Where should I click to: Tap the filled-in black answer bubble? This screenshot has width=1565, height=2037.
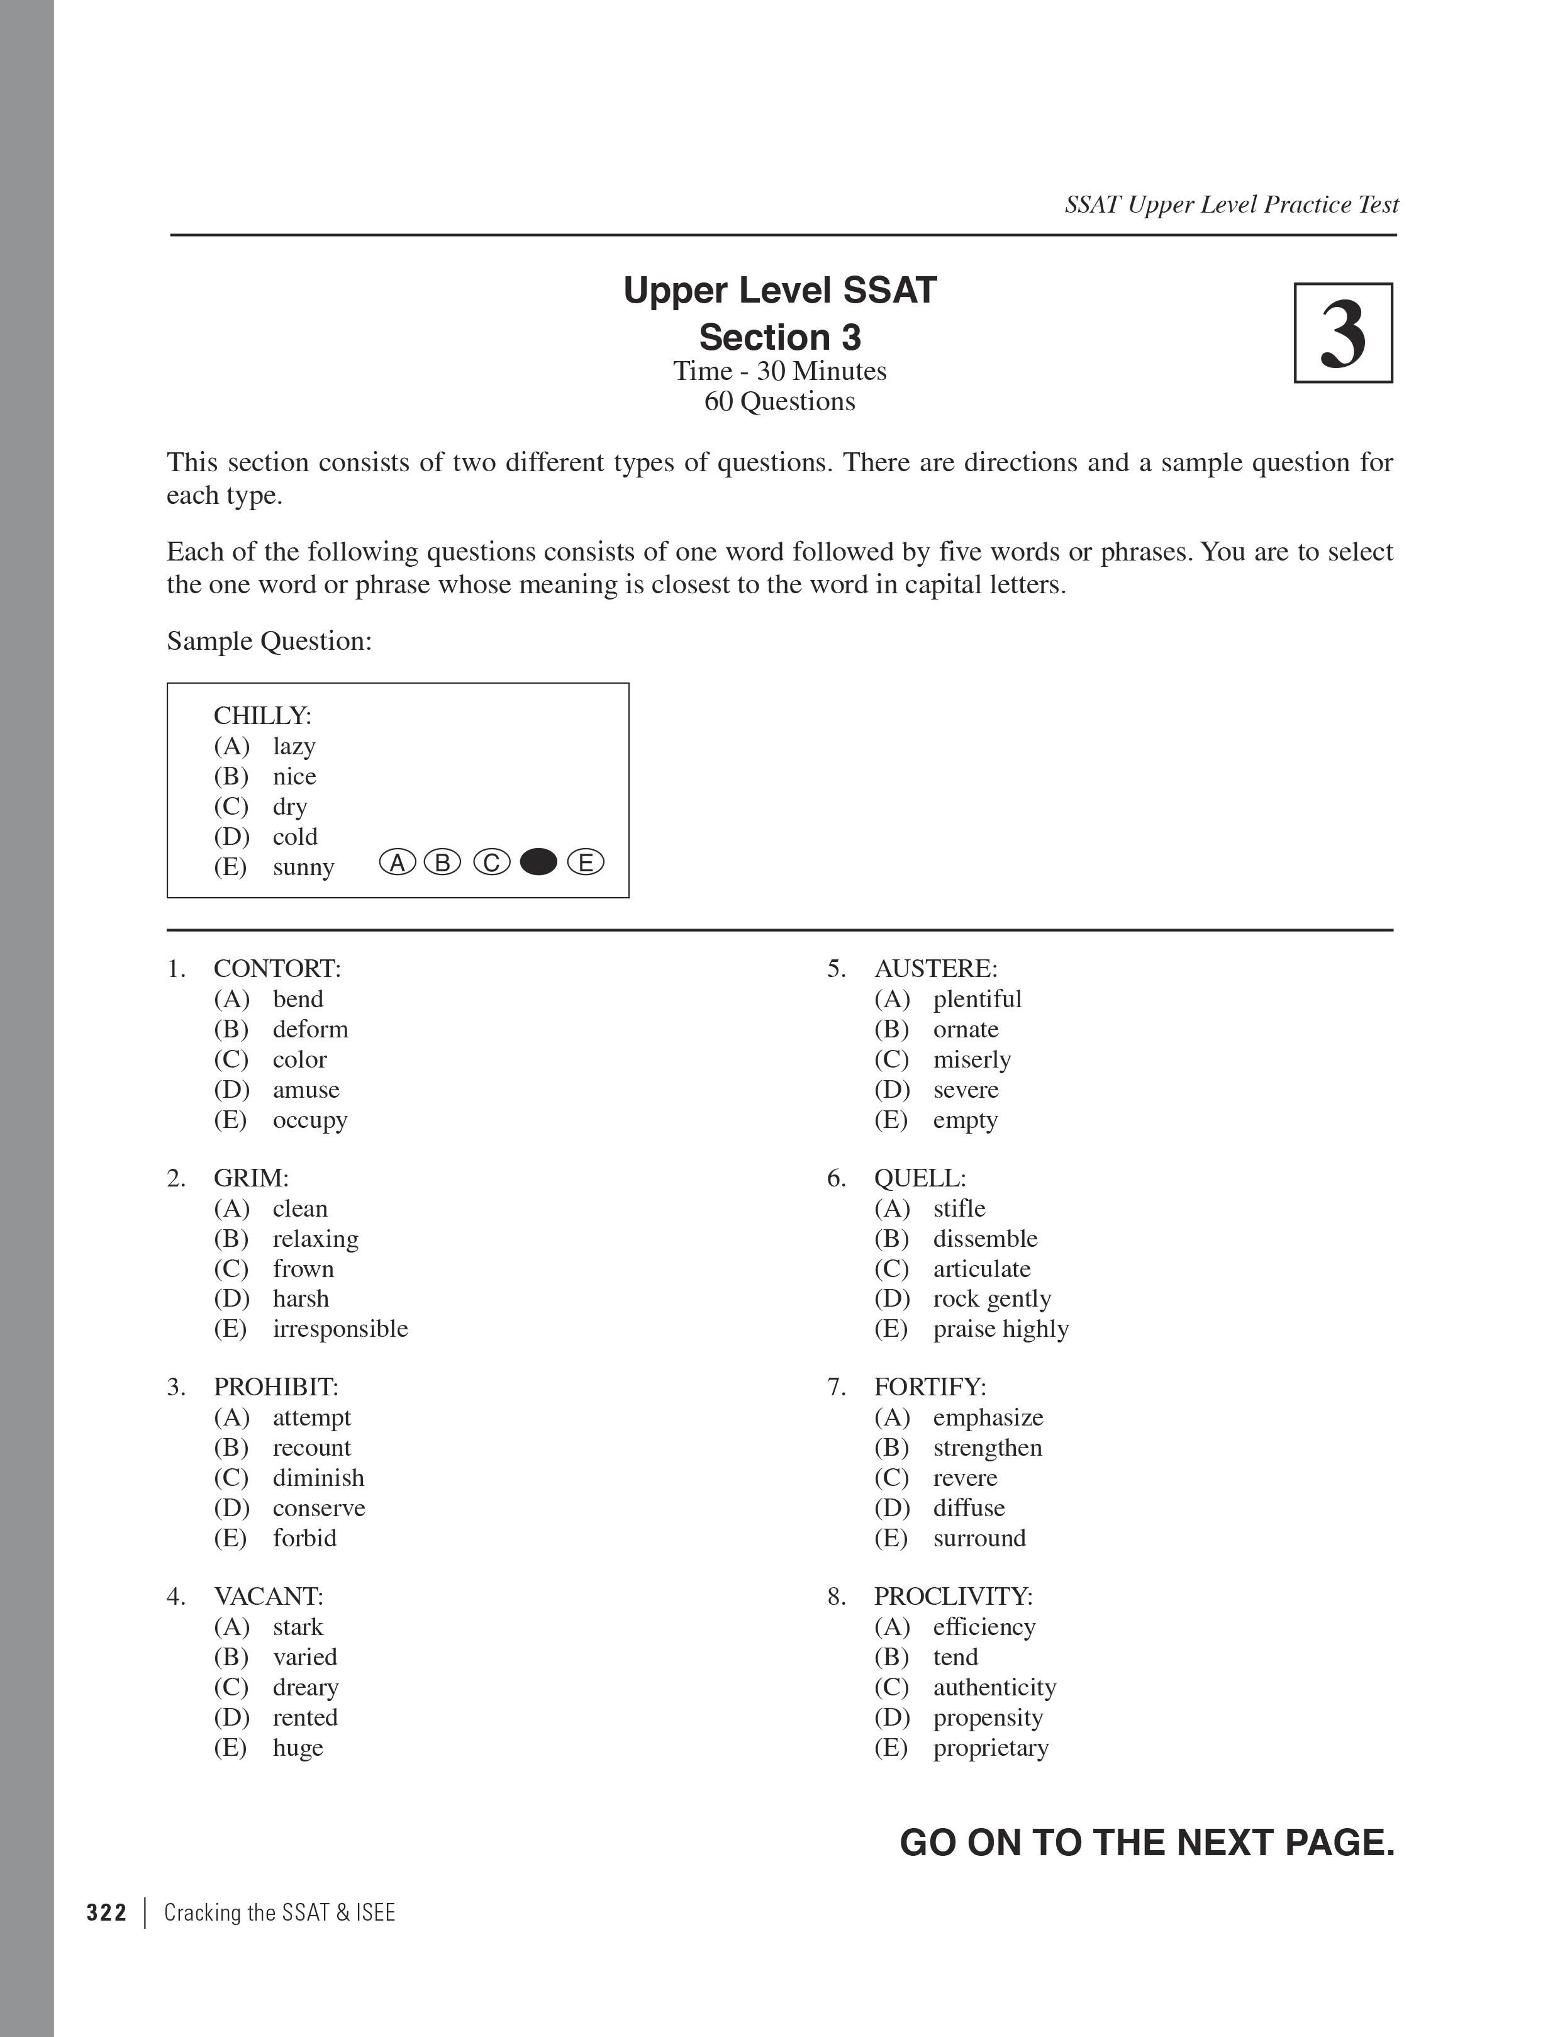point(538,862)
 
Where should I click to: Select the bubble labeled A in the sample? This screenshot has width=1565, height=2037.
point(398,862)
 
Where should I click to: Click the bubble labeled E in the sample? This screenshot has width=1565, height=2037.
point(586,862)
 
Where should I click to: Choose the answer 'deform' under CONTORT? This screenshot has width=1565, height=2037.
point(310,1029)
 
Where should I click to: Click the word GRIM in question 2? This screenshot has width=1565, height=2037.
point(250,1178)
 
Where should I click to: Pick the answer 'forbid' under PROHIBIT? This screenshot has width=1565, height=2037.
point(304,1538)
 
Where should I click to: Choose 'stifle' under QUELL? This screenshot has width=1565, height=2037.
point(959,1208)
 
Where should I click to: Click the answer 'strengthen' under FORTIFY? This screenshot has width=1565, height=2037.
point(988,1448)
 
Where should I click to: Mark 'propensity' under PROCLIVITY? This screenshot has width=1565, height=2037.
point(988,1717)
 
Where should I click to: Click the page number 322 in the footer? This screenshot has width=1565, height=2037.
point(106,1913)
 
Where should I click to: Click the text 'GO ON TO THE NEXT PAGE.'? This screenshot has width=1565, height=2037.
point(1147,1843)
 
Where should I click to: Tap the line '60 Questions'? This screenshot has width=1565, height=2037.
point(780,401)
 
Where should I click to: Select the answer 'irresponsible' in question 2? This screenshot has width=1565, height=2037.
point(340,1328)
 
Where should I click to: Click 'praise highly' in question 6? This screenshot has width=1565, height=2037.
point(1001,1328)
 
